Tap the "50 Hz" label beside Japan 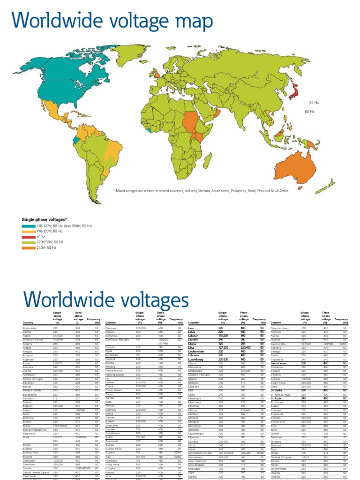pos(314,102)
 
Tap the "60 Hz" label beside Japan pos(309,112)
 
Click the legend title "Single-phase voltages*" pos(45,219)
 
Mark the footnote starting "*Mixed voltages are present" pos(202,191)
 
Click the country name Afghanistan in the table pos(29,329)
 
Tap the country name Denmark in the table pos(111,329)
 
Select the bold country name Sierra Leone pos(278,363)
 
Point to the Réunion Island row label pos(280,329)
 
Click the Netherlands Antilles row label pos(202,453)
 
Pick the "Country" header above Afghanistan pos(28,323)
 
